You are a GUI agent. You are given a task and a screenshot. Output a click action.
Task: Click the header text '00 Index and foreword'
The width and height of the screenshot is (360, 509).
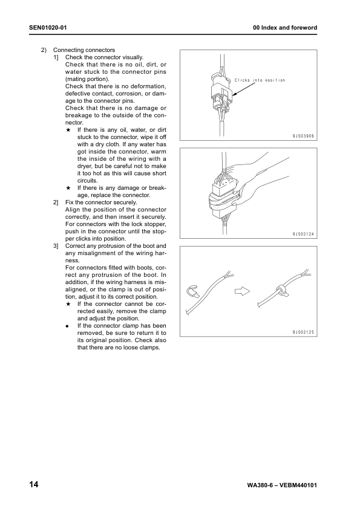285,28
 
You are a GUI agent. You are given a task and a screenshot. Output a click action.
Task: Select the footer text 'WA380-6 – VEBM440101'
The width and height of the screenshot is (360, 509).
283,486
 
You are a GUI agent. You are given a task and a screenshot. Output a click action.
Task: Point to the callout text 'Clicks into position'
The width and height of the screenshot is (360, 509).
260,80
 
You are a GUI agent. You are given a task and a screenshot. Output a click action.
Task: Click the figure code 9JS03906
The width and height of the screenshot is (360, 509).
301,136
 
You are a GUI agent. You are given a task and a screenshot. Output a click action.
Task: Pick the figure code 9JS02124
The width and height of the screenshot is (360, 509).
301,234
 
